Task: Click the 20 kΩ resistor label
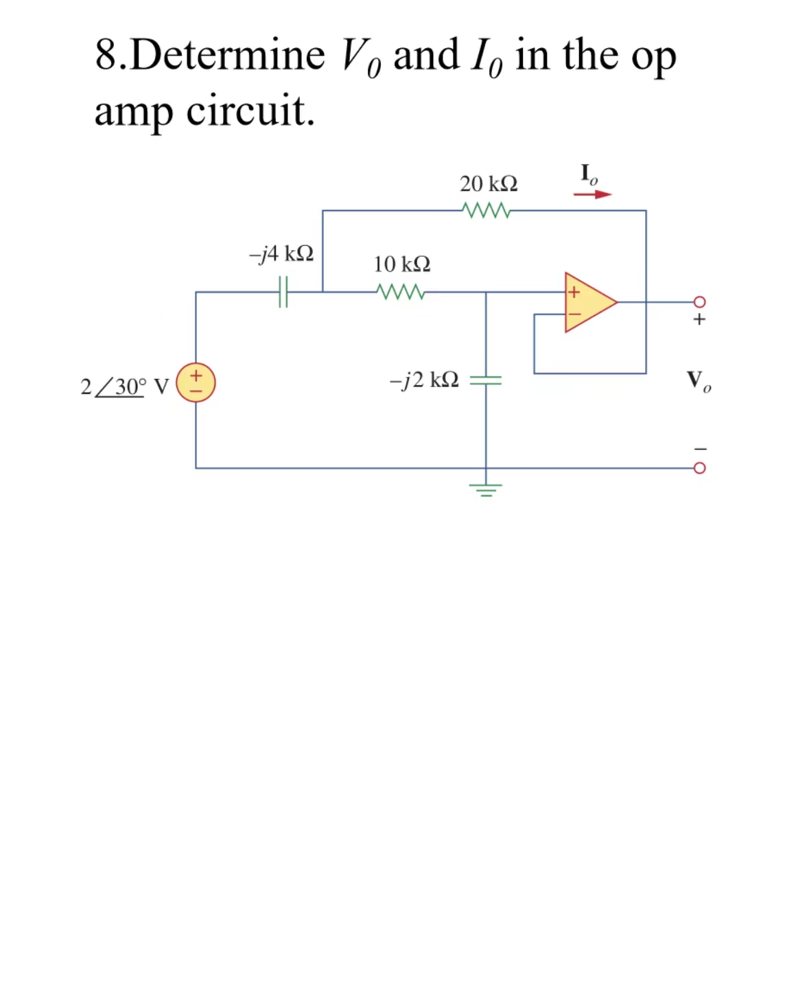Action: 489,184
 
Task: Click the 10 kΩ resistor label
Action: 402,264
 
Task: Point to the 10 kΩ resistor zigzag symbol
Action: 401,292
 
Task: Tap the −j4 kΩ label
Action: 281,254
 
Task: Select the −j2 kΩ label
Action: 424,380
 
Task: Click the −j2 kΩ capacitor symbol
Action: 486,380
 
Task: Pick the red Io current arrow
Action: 592,194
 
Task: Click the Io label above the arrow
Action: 588,174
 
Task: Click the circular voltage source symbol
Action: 196,383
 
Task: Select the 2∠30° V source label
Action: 124,386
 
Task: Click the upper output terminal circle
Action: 699,301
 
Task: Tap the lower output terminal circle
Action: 699,468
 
